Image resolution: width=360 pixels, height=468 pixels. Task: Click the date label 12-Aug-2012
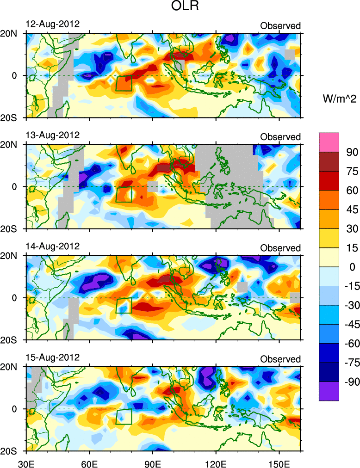tap(52, 24)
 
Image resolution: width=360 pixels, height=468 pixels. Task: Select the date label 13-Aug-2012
tap(52, 135)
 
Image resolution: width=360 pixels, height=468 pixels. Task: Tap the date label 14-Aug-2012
tap(52, 246)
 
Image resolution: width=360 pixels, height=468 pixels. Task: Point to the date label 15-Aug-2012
tap(52, 357)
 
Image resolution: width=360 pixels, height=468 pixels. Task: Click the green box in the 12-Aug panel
tap(124, 83)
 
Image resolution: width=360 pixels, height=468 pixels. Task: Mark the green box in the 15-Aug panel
tap(124, 417)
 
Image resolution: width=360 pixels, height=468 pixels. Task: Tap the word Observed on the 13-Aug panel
tap(280, 137)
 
